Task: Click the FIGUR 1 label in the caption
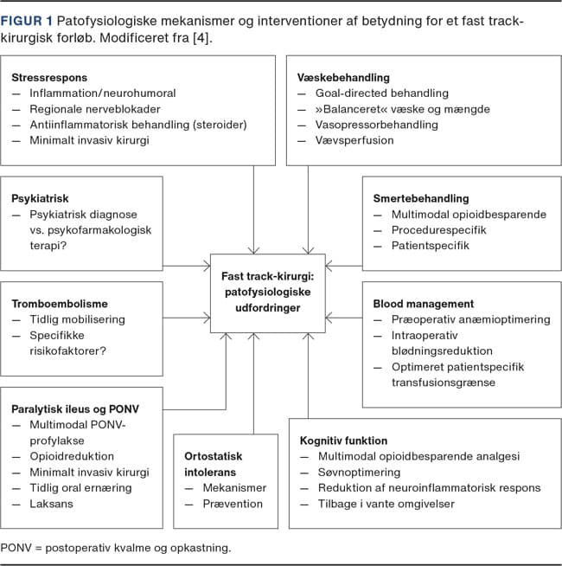pyautogui.click(x=26, y=21)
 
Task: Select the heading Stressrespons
pyautogui.click(x=49, y=78)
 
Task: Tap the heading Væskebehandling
pyautogui.click(x=343, y=78)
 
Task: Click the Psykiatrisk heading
pyautogui.click(x=40, y=198)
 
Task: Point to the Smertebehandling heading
pyautogui.click(x=421, y=198)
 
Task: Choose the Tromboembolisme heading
pyautogui.click(x=60, y=304)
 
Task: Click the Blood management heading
pyautogui.click(x=424, y=304)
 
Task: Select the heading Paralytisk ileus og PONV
pyautogui.click(x=75, y=409)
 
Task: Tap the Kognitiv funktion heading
pyautogui.click(x=343, y=441)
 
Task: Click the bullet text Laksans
pyautogui.click(x=51, y=504)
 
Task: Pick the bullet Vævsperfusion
pyautogui.click(x=354, y=140)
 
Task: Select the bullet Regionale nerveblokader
pyautogui.click(x=95, y=109)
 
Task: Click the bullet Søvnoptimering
pyautogui.click(x=359, y=473)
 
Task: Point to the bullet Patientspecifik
pyautogui.click(x=431, y=246)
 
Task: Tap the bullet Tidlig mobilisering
pyautogui.click(x=77, y=320)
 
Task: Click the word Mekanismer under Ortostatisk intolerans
pyautogui.click(x=234, y=488)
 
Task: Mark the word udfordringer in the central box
pyautogui.click(x=268, y=308)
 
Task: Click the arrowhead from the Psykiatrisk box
pyautogui.click(x=207, y=266)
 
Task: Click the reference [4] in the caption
pyautogui.click(x=201, y=38)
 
